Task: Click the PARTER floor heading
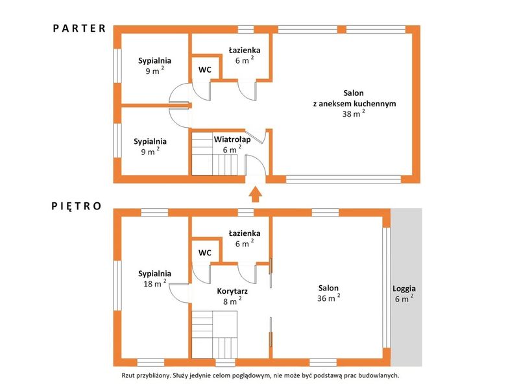pyautogui.click(x=79, y=29)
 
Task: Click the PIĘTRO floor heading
pyautogui.click(x=77, y=206)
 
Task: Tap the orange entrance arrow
pyautogui.click(x=255, y=194)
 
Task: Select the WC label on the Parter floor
pyautogui.click(x=205, y=70)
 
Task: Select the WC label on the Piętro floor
pyautogui.click(x=205, y=253)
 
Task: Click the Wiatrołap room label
pyautogui.click(x=232, y=139)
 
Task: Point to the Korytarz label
pyautogui.click(x=232, y=291)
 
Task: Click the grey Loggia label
pyautogui.click(x=404, y=289)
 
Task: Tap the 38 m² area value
pyautogui.click(x=354, y=114)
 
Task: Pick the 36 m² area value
pyautogui.click(x=329, y=298)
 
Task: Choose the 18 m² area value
pyautogui.click(x=154, y=283)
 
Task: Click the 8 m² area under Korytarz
pyautogui.click(x=232, y=301)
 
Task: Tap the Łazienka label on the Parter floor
pyautogui.click(x=245, y=51)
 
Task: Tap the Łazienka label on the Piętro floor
pyautogui.click(x=245, y=233)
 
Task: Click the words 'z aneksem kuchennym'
pyautogui.click(x=354, y=104)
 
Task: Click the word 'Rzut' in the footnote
pyautogui.click(x=128, y=375)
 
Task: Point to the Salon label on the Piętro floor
pyautogui.click(x=329, y=288)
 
